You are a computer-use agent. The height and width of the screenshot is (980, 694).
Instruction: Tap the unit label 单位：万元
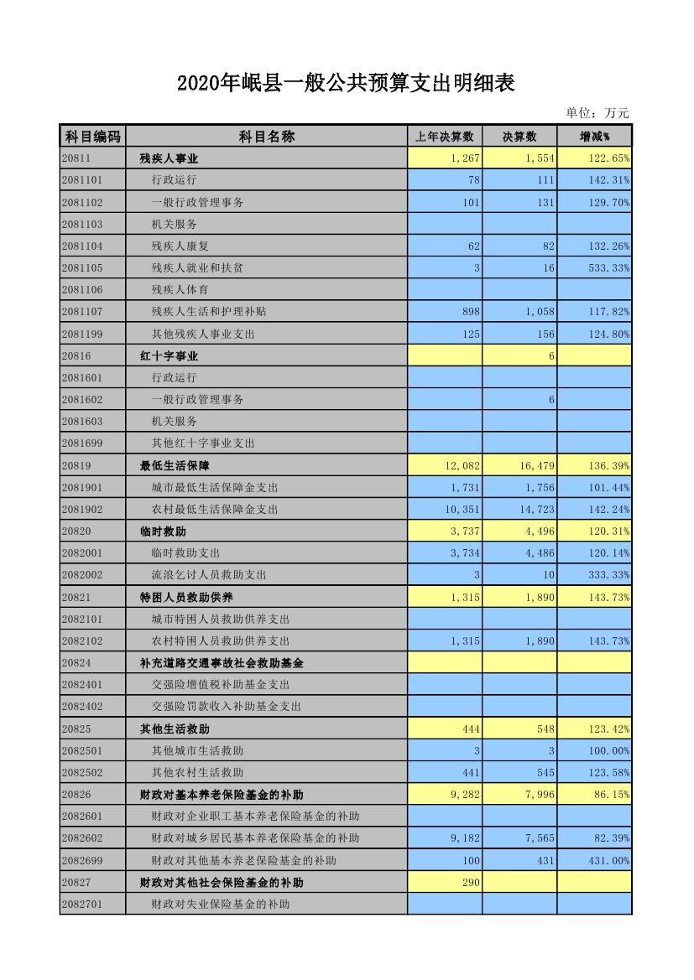click(597, 113)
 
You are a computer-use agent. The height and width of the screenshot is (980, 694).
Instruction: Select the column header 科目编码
click(92, 137)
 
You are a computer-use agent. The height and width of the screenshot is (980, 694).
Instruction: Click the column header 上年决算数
click(444, 137)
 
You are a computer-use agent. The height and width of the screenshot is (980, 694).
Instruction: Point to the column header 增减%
click(593, 137)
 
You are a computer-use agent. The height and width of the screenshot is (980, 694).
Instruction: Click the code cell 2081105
click(82, 267)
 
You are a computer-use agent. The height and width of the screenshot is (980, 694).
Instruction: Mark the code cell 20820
click(76, 531)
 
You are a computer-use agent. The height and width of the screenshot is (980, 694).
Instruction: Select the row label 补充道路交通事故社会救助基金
click(222, 662)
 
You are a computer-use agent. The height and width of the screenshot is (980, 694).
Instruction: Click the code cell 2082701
click(82, 904)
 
